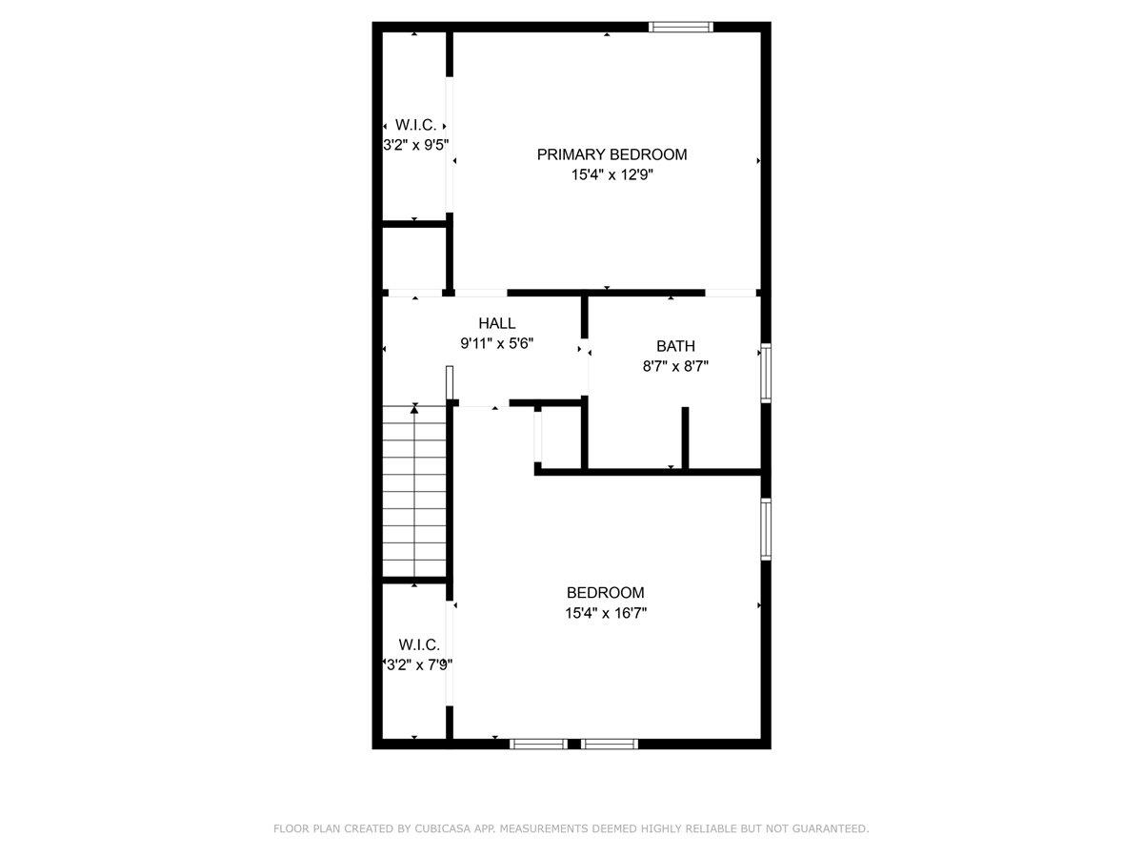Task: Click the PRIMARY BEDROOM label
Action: [x=612, y=154]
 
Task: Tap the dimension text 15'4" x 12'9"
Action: [x=612, y=175]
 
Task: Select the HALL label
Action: [x=497, y=324]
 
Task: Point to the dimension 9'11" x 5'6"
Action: [x=497, y=344]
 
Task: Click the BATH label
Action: [x=675, y=346]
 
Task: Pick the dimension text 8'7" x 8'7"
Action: [x=675, y=366]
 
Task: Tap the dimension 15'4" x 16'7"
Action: [x=606, y=613]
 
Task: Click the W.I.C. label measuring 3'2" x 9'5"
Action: [x=415, y=125]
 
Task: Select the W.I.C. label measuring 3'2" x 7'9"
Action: [x=419, y=644]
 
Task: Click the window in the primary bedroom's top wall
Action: [x=681, y=27]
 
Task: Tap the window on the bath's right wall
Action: [x=765, y=373]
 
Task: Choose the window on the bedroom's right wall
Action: [x=765, y=529]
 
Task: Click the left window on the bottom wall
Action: [x=538, y=744]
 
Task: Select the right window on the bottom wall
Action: [x=610, y=744]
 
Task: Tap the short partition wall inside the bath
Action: [x=685, y=438]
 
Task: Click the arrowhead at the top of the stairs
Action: [x=414, y=408]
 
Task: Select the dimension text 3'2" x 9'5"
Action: [x=415, y=146]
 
